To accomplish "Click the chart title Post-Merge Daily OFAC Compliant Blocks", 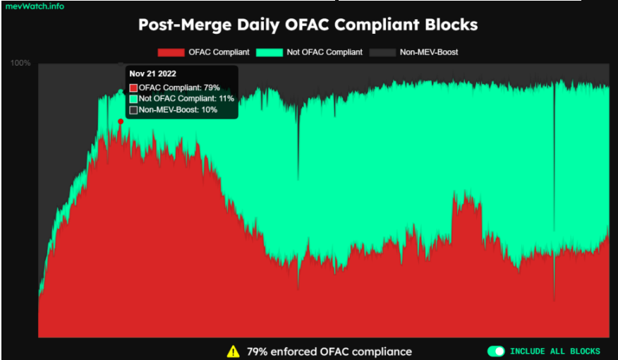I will tap(308, 25).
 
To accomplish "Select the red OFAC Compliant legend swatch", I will tap(170, 52).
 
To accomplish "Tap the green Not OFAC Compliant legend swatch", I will tap(267, 52).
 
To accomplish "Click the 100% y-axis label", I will tap(20, 64).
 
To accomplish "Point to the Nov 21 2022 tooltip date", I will tap(153, 73).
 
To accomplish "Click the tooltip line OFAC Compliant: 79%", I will tap(179, 88).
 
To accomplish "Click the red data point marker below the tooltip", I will tap(121, 121).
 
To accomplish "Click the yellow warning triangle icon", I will tap(233, 351).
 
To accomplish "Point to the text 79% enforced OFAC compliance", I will tap(329, 351).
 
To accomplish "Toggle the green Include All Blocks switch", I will tap(496, 351).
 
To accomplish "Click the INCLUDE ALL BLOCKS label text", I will tap(555, 351).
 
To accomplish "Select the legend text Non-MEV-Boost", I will tap(429, 52).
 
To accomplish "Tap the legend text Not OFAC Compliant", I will tap(324, 52).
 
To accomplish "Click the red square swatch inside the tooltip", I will tap(133, 88).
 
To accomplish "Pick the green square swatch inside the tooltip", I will tap(133, 99).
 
